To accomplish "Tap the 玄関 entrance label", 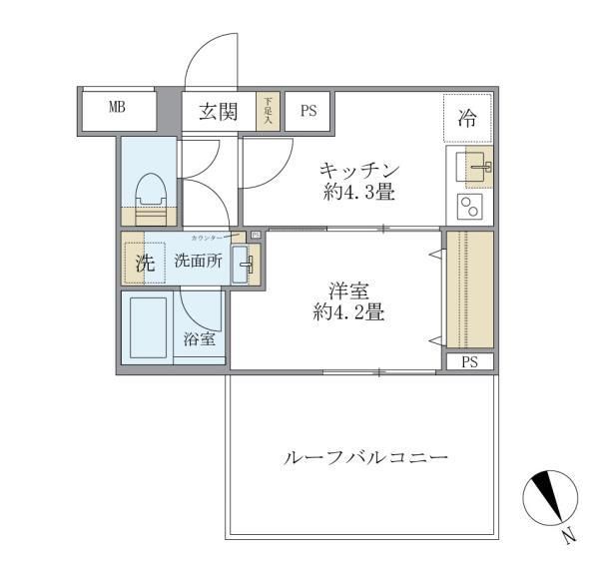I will point(217,111).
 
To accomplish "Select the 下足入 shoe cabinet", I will point(267,111).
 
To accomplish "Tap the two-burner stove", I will point(469,206).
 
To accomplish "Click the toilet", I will point(150,197).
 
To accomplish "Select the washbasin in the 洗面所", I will point(244,265).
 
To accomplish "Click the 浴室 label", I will point(198,339).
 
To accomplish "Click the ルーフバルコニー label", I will point(365,459).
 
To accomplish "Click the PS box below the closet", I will point(469,362).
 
